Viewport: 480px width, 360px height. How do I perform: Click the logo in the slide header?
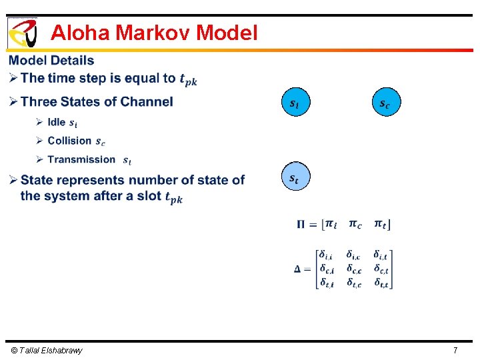pos(22,32)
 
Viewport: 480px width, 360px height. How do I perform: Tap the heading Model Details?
pos(51,61)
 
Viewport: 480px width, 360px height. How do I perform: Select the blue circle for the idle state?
pos(294,103)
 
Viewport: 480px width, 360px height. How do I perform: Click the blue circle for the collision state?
pos(385,103)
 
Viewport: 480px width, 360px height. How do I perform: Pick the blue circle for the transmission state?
pos(294,178)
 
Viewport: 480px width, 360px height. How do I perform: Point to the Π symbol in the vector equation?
pos(302,224)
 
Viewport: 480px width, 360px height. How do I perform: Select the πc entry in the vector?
pos(355,224)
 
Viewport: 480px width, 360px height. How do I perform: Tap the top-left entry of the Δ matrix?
pos(327,255)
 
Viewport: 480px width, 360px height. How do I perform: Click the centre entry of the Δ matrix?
pos(354,269)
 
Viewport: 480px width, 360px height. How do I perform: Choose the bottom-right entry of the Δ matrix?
pos(381,283)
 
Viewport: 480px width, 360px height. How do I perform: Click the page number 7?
pos(455,350)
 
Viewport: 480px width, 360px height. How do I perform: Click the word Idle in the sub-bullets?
pos(57,122)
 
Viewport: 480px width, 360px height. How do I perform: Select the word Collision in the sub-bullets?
pos(69,141)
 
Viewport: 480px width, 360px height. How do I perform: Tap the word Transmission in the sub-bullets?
pos(81,159)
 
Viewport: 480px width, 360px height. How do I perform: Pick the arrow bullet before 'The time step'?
pos(13,79)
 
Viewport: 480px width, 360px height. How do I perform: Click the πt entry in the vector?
pos(382,224)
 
